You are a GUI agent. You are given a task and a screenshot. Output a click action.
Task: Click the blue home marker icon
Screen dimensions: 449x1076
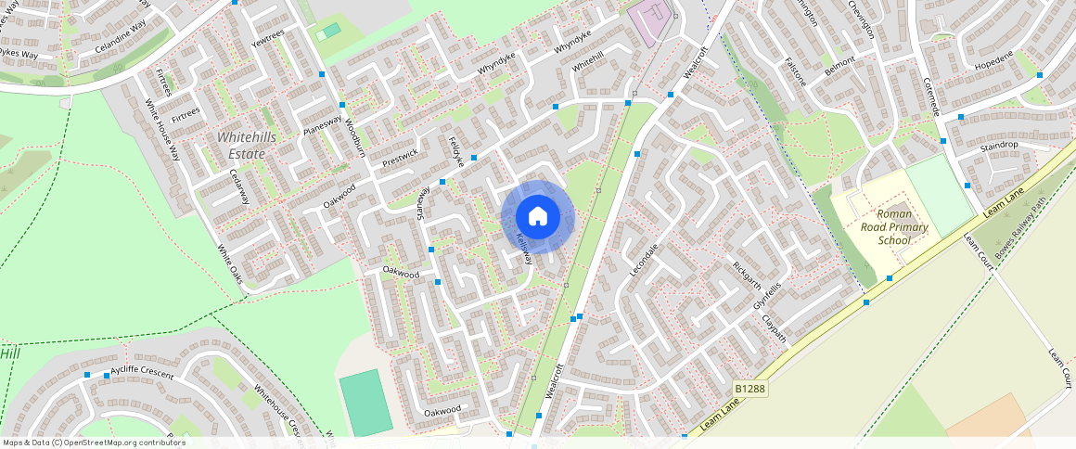[x=538, y=217]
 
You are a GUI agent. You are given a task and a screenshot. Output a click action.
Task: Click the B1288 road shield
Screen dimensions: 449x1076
[x=749, y=389]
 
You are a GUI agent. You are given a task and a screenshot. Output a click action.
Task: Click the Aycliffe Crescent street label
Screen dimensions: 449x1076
[x=142, y=373]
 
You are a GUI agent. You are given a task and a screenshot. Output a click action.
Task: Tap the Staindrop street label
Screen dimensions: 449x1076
[x=999, y=146]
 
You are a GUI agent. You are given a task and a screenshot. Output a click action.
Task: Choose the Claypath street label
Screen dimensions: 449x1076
[x=775, y=329]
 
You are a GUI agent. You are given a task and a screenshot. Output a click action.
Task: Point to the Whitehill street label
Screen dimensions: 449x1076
[x=587, y=61]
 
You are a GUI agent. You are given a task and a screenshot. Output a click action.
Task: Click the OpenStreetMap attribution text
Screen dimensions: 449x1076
[x=95, y=443]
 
